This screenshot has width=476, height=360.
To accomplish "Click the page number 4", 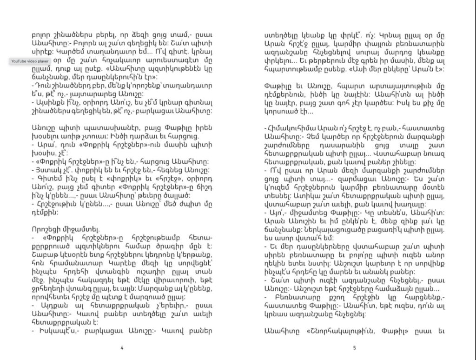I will click(122, 347).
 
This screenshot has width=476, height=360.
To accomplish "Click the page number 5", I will click(354, 347).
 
